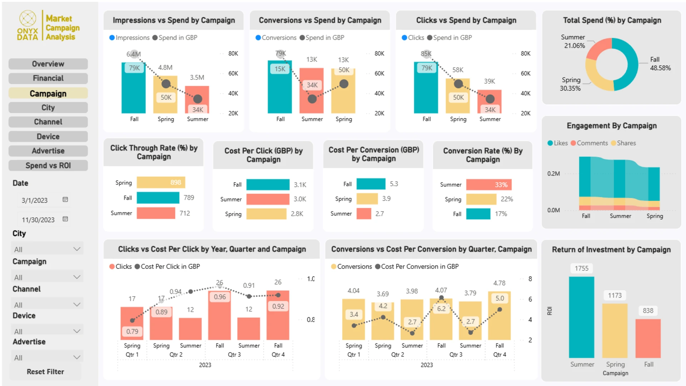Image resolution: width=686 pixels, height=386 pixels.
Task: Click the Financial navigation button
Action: coord(48,78)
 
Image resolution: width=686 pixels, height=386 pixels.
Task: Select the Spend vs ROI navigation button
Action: coord(48,165)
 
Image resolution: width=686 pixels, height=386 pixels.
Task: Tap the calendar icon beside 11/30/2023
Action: coord(65,219)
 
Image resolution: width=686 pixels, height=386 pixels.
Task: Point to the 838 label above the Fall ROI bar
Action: coord(648,311)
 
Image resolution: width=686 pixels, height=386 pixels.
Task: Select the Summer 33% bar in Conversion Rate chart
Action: coord(489,184)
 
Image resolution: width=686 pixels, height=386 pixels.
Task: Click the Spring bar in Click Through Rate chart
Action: coord(161,182)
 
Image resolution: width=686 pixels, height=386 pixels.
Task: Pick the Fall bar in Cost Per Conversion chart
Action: coord(371,184)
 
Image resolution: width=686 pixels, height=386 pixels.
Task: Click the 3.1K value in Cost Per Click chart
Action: coord(300,185)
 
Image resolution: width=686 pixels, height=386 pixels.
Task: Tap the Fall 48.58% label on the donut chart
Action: coord(660,64)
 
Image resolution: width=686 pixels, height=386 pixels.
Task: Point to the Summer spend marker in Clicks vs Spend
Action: coord(490,99)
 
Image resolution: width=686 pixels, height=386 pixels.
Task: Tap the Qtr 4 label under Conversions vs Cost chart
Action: coord(499,355)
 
